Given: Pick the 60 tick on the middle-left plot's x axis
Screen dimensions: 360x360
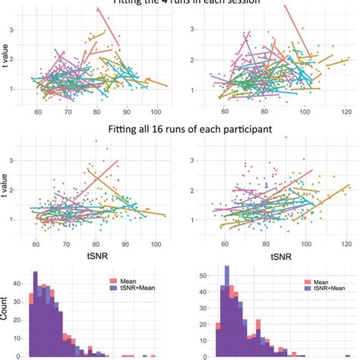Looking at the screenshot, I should [36, 245].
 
